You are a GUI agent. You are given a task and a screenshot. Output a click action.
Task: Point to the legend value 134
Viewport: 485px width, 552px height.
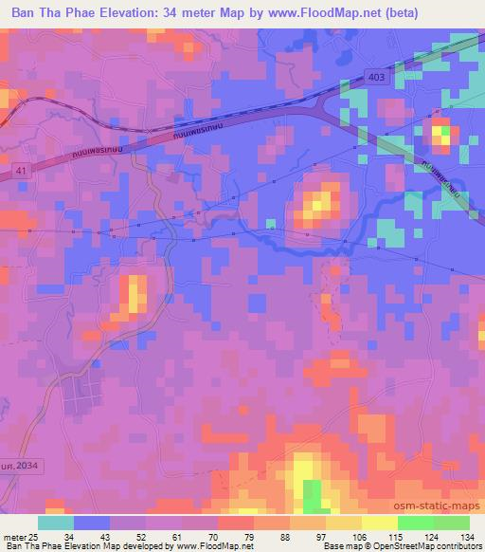point(469,537)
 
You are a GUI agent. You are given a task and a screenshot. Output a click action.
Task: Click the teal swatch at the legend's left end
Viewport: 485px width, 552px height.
point(56,523)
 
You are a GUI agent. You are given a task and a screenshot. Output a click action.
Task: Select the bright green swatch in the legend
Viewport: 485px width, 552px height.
point(416,523)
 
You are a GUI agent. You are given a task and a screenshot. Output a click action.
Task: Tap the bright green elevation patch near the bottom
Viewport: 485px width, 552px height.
point(313,494)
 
